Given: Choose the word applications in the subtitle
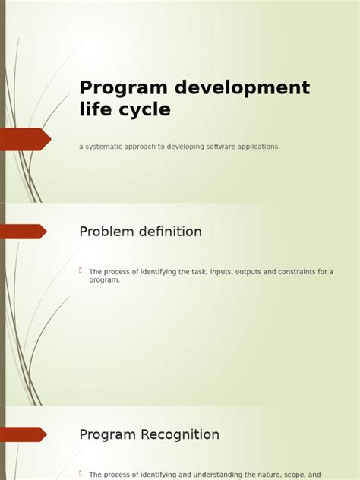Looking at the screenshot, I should (254, 147).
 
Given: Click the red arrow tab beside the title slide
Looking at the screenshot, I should (24, 139).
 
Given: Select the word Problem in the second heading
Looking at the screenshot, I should (106, 232).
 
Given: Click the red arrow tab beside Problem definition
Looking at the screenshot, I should (23, 232).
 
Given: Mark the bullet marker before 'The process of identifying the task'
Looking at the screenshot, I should (81, 270).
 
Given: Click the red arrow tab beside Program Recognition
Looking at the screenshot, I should (23, 434).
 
